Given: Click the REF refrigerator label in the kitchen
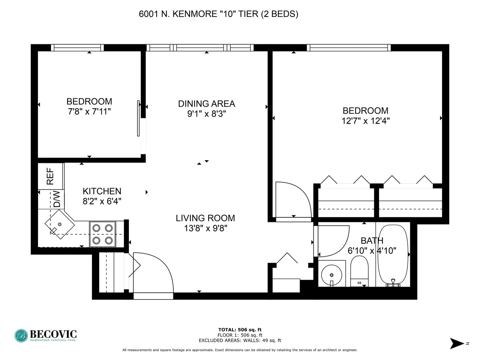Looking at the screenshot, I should [50, 176].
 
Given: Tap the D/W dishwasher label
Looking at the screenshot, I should [57, 199].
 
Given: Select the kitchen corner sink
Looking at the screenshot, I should [60, 224].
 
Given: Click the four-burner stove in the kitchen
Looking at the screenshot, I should [102, 234].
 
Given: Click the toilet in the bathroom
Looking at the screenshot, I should [359, 270].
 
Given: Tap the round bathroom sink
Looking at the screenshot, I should [331, 275].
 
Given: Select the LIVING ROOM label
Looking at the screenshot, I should [205, 218].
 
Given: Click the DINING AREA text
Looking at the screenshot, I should [206, 104].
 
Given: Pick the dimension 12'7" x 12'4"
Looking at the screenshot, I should [365, 121].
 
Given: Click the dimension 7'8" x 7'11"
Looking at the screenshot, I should [89, 111].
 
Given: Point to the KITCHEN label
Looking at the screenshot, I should [102, 191].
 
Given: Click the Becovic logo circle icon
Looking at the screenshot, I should [21, 336].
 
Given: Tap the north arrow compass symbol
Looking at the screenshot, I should [457, 343].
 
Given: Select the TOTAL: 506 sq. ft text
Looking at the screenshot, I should [240, 330].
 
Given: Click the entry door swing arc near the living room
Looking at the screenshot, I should [157, 270].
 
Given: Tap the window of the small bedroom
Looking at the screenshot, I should [77, 48].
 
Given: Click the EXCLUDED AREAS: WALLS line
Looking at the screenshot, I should [240, 340].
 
